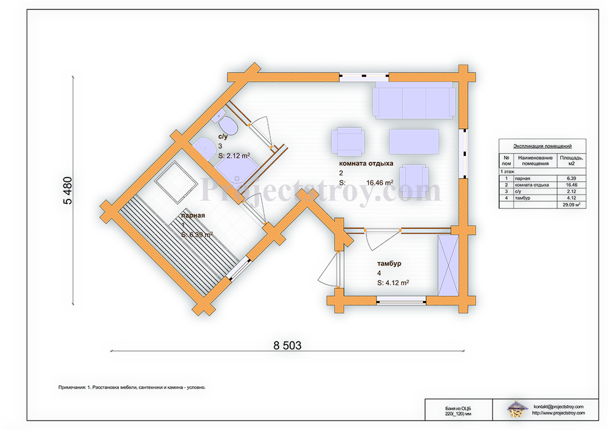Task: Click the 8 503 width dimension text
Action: click(287, 345)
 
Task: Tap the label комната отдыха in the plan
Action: click(366, 164)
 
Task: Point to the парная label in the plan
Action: click(192, 216)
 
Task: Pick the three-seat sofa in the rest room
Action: click(413, 101)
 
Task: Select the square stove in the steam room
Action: click(176, 182)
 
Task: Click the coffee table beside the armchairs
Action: click(413, 141)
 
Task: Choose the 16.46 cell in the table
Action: click(572, 185)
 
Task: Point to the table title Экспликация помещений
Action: click(542, 146)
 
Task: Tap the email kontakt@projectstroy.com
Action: click(558, 406)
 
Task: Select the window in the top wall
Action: click(364, 77)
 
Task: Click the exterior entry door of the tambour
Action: click(329, 270)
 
